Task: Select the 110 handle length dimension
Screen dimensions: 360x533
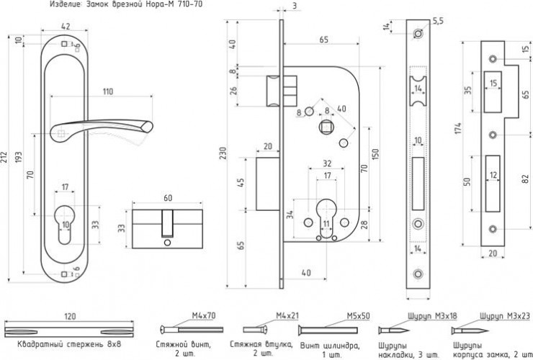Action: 107,91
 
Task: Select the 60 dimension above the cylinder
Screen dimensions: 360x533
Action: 168,197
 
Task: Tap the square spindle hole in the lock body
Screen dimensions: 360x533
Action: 326,127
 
